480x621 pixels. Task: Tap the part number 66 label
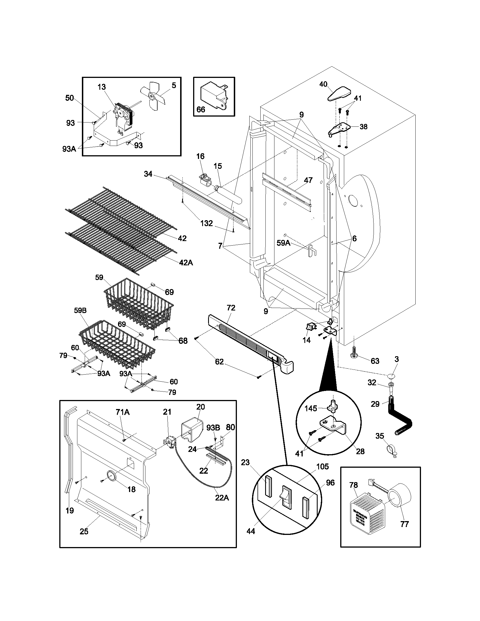(x=201, y=110)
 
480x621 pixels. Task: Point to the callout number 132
(x=206, y=223)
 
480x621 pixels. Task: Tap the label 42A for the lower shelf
(x=186, y=263)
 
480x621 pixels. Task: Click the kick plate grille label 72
(x=231, y=308)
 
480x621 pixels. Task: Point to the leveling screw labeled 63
(x=354, y=357)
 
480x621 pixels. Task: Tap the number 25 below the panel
(x=84, y=531)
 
